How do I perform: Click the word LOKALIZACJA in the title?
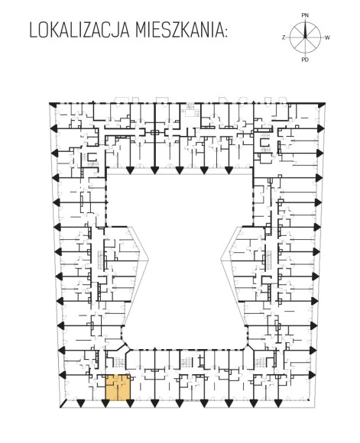pyautogui.click(x=80, y=31)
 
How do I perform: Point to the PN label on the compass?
pyautogui.click(x=305, y=15)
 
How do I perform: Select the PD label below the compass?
pyautogui.click(x=305, y=60)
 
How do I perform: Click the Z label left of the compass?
pyautogui.click(x=284, y=37)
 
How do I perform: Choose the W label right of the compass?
pyautogui.click(x=327, y=37)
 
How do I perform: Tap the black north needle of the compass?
pyautogui.click(x=305, y=29)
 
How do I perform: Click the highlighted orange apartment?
pyautogui.click(x=118, y=387)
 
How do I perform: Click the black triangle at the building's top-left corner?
pyautogui.click(x=52, y=105)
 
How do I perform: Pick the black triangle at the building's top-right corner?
pyautogui.click(x=322, y=105)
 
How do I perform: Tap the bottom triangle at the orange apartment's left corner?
pyautogui.click(x=105, y=403)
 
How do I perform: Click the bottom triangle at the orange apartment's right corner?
pyautogui.click(x=130, y=403)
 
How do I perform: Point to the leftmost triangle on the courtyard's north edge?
pyautogui.click(x=130, y=170)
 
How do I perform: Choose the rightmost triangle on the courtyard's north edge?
pyautogui.click(x=229, y=170)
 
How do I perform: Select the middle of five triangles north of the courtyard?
pyautogui.click(x=179, y=170)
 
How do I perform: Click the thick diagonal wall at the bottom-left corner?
pyautogui.click(x=63, y=404)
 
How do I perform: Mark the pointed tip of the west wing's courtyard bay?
pyautogui.click(x=149, y=260)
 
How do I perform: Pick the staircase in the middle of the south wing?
pyautogui.click(x=186, y=361)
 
